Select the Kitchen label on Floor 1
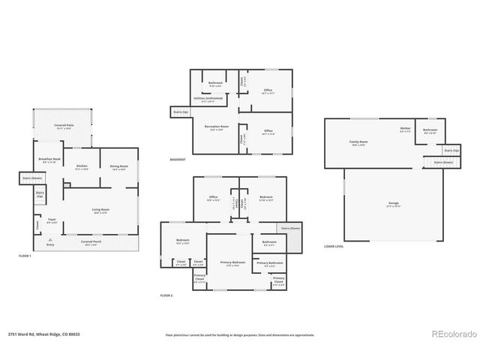(82, 167)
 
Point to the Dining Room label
(119, 167)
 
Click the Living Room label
(100, 211)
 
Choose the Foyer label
(52, 221)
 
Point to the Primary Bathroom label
(269, 264)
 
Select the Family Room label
(358, 143)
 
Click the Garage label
(393, 205)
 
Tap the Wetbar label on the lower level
(405, 129)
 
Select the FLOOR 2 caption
(166, 295)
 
